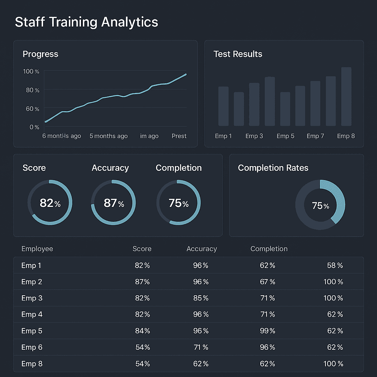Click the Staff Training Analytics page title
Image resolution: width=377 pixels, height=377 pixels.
click(x=87, y=22)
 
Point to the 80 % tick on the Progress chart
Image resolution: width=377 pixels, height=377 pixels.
click(x=32, y=90)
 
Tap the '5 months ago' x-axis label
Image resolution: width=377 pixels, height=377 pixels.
click(x=109, y=136)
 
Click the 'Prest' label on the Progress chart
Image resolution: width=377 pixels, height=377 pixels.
click(x=179, y=136)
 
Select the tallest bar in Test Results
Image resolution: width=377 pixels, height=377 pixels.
click(x=346, y=96)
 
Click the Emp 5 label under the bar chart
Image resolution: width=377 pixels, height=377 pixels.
click(x=285, y=136)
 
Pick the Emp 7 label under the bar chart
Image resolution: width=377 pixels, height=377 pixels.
click(x=315, y=136)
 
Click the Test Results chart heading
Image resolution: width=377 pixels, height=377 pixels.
click(x=238, y=54)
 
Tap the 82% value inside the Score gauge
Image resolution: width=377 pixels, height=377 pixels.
click(x=50, y=203)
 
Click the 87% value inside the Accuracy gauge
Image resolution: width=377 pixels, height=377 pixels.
click(x=113, y=203)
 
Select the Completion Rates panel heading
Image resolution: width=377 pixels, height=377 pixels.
click(x=273, y=168)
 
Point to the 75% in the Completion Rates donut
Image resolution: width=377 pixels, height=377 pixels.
click(x=320, y=206)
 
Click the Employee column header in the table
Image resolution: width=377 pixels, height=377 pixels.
click(x=37, y=249)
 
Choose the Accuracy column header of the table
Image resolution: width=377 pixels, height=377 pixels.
click(x=201, y=249)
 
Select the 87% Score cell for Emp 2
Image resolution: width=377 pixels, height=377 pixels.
click(x=142, y=282)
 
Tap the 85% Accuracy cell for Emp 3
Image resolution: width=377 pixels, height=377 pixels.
click(x=201, y=298)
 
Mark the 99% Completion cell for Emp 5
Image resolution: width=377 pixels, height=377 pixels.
click(x=267, y=331)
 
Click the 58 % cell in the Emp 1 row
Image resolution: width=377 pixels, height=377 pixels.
click(x=335, y=265)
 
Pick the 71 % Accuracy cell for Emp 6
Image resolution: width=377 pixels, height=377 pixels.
click(x=201, y=347)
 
